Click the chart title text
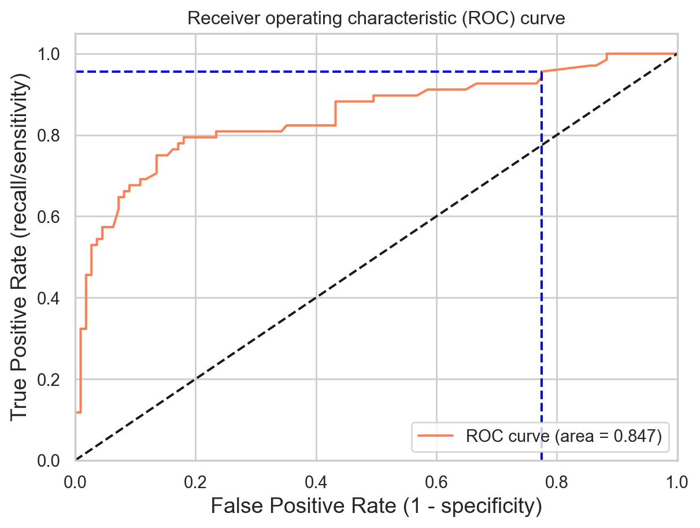point(376,19)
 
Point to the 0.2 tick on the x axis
point(195,477)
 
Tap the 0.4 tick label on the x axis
point(316,477)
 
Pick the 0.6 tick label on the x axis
point(436,477)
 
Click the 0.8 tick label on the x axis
point(557,477)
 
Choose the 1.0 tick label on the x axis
point(677,477)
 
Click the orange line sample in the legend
point(434,436)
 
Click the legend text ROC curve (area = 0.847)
point(564,436)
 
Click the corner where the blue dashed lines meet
point(541,72)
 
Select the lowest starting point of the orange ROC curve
point(77,412)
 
